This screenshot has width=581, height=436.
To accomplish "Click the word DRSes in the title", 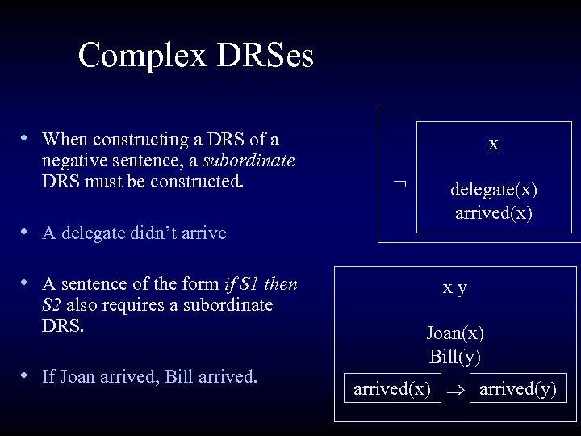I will pyautogui.click(x=263, y=56).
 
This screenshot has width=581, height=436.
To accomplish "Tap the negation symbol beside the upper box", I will pyautogui.click(x=398, y=184).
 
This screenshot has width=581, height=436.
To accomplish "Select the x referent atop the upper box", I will pyautogui.click(x=494, y=145).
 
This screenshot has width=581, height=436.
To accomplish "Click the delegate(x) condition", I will pyautogui.click(x=494, y=190).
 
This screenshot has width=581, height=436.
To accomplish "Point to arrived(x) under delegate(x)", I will pyautogui.click(x=494, y=214).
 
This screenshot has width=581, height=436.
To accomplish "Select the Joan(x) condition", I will pyautogui.click(x=456, y=332).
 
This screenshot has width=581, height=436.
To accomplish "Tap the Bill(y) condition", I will pyautogui.click(x=456, y=356).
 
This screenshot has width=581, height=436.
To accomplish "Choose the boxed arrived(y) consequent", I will pyautogui.click(x=518, y=389).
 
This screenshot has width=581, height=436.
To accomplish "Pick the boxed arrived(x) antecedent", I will pyautogui.click(x=392, y=389).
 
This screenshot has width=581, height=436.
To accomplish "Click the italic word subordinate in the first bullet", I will pyautogui.click(x=254, y=160).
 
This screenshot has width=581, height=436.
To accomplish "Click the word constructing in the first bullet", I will pyautogui.click(x=128, y=139).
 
